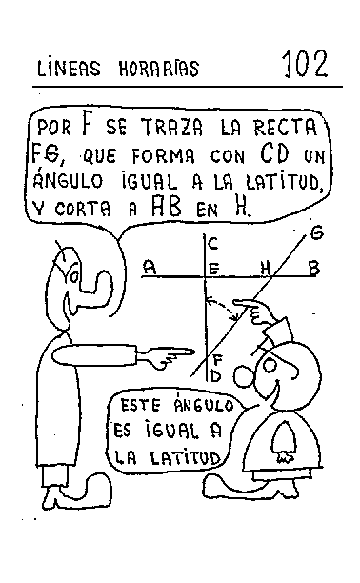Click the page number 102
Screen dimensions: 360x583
point(304,65)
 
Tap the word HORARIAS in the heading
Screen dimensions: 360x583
point(160,69)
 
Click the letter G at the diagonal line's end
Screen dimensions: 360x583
point(316,232)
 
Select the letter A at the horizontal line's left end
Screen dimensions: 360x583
point(149,269)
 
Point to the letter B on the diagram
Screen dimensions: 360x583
point(312,270)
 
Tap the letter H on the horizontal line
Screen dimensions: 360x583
point(266,269)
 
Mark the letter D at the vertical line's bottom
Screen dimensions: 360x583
point(214,375)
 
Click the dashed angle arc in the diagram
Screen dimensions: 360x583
point(227,310)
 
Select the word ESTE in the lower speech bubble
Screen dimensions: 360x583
point(139,405)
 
